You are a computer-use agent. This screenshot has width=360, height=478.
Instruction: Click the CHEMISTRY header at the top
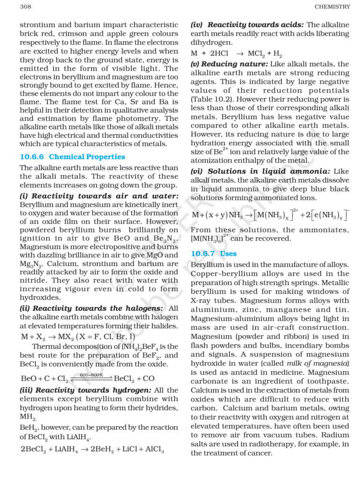click(332, 7)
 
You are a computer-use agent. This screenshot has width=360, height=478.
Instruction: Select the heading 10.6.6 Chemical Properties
click(72, 157)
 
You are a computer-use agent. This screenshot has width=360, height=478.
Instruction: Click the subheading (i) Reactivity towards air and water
click(99, 196)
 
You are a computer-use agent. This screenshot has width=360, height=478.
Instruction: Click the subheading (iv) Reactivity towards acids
click(247, 25)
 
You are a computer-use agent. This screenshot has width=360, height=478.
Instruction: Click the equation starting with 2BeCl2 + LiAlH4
click(92, 450)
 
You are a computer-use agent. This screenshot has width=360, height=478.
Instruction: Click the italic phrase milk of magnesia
click(325, 363)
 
